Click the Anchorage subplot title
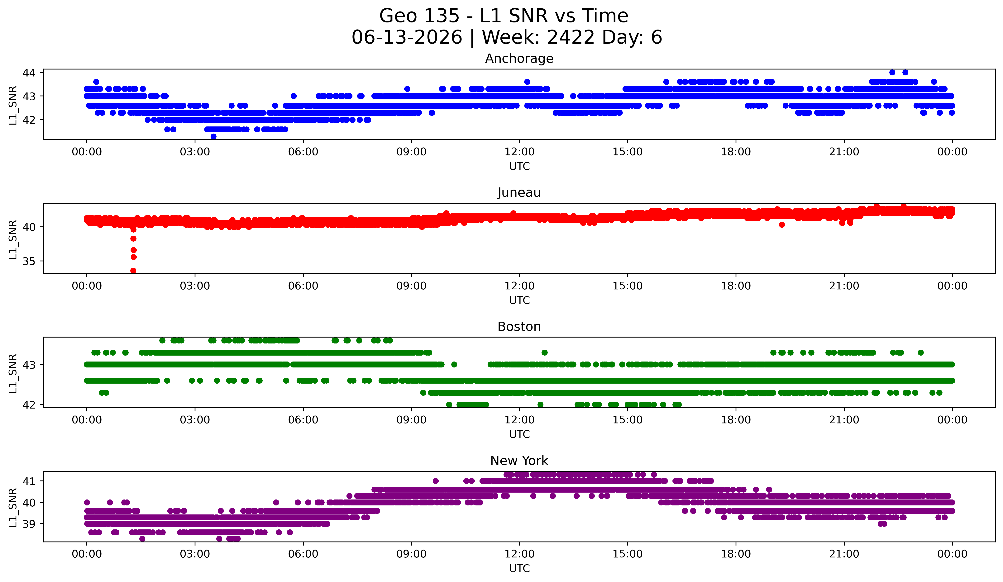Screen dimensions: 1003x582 (x=519, y=59)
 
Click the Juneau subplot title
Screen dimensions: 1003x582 (x=519, y=192)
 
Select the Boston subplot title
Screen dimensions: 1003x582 (x=519, y=327)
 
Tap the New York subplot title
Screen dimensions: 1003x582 (x=519, y=461)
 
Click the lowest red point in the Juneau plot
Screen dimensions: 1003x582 (x=133, y=271)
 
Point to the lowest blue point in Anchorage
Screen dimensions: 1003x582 (x=213, y=136)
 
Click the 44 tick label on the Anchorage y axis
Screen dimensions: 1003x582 (x=29, y=72)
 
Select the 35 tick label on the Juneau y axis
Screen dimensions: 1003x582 (x=29, y=261)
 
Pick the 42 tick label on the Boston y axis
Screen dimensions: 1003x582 (x=29, y=405)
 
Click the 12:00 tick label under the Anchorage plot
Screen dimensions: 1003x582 (x=519, y=152)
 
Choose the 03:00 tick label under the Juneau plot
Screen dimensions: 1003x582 (x=195, y=286)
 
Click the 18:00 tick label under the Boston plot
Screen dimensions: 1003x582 (x=736, y=420)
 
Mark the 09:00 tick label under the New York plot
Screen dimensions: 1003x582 (x=411, y=554)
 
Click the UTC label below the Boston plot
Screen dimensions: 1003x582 (x=519, y=434)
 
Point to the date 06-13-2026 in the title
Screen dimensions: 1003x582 (x=407, y=37)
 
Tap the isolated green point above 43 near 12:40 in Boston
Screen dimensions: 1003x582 (x=544, y=353)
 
